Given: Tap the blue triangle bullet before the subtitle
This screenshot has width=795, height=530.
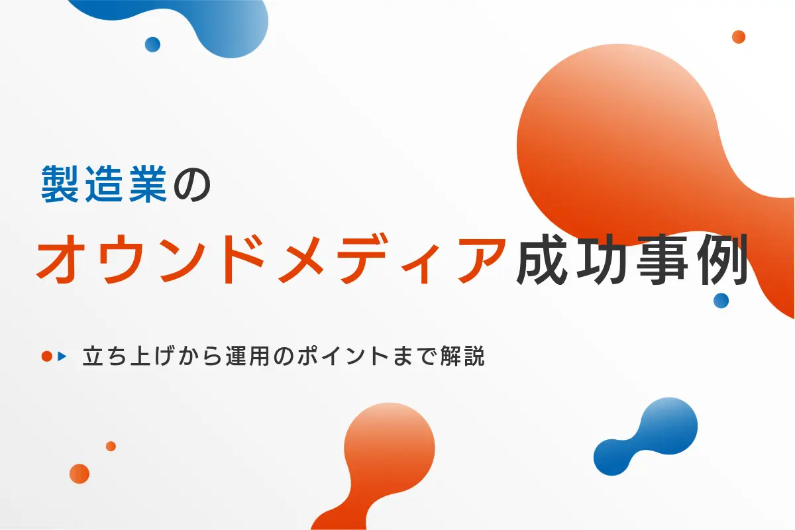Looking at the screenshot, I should tap(63, 356).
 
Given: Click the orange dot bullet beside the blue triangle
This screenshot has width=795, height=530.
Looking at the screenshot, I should tap(47, 356).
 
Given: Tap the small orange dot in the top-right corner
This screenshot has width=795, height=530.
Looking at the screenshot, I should tap(739, 37).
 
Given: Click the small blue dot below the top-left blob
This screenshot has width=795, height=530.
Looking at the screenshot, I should tap(152, 44).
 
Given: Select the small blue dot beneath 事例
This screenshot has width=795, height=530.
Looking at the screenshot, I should tap(721, 301).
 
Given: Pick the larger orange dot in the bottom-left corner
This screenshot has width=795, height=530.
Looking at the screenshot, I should tap(79, 474).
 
